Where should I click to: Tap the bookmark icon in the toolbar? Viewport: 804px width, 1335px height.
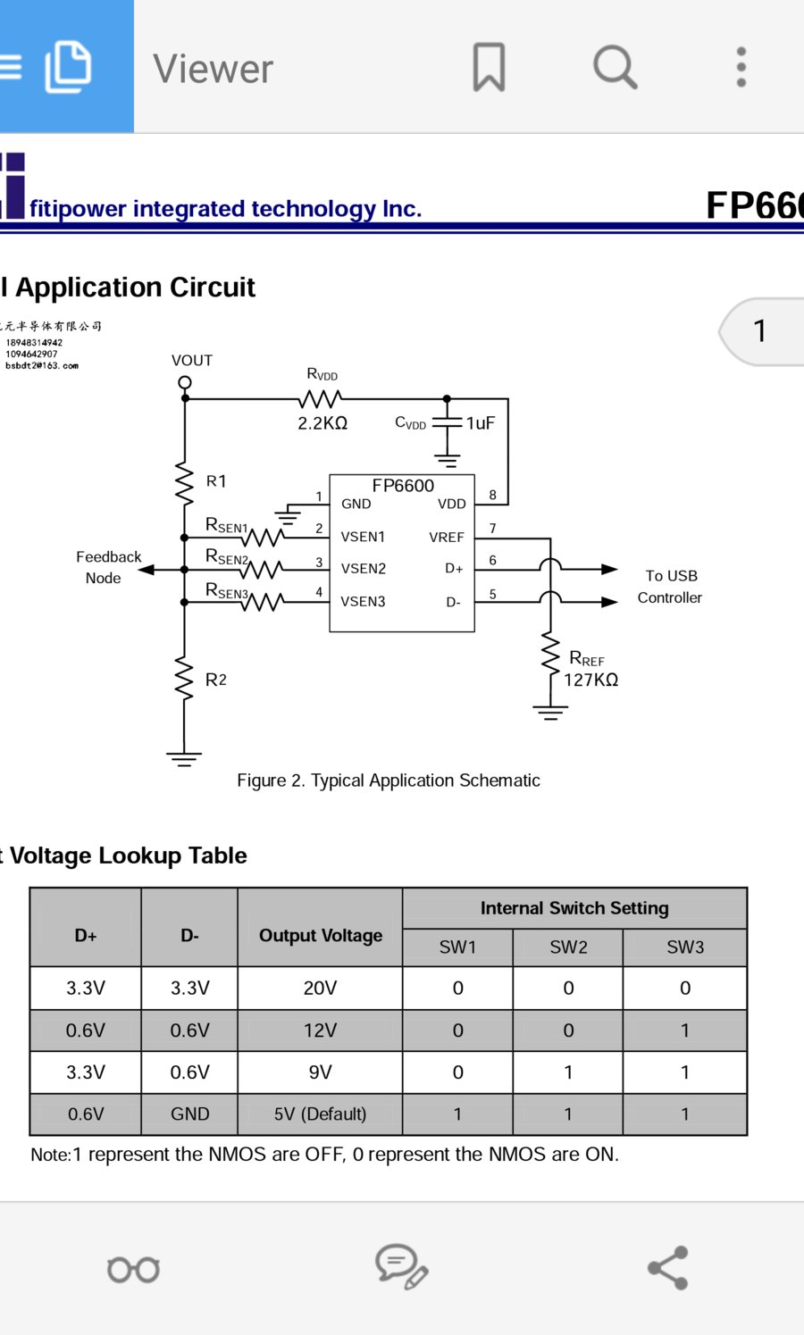coord(489,67)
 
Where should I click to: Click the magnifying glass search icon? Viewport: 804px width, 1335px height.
coord(615,67)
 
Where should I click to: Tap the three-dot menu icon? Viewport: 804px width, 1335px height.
coord(741,67)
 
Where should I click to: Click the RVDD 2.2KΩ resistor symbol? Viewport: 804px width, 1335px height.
coord(322,398)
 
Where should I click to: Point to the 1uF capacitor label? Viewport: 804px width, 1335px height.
coord(481,423)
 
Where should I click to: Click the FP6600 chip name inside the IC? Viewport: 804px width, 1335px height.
coord(403,486)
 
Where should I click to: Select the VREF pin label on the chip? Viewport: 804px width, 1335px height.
coord(446,538)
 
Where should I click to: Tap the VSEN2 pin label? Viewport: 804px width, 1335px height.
coord(363,569)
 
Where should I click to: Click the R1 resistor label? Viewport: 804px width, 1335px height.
coord(216,481)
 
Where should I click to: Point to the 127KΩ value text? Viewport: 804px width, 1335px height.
coord(590,680)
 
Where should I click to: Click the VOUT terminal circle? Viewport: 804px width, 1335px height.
coord(185,383)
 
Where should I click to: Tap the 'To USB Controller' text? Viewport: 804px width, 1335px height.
coord(670,587)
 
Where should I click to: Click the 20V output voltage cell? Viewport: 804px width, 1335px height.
coord(320,989)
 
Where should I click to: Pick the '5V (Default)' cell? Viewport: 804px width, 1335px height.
coord(320,1114)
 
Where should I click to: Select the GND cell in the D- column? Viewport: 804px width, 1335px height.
coord(189,1114)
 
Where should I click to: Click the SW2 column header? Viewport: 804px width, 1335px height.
coord(568,947)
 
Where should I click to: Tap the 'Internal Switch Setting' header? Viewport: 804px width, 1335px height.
coord(574,908)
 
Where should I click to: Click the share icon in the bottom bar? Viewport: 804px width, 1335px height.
coord(668,1268)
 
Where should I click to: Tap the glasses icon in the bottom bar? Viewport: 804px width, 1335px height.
coord(133,1269)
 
